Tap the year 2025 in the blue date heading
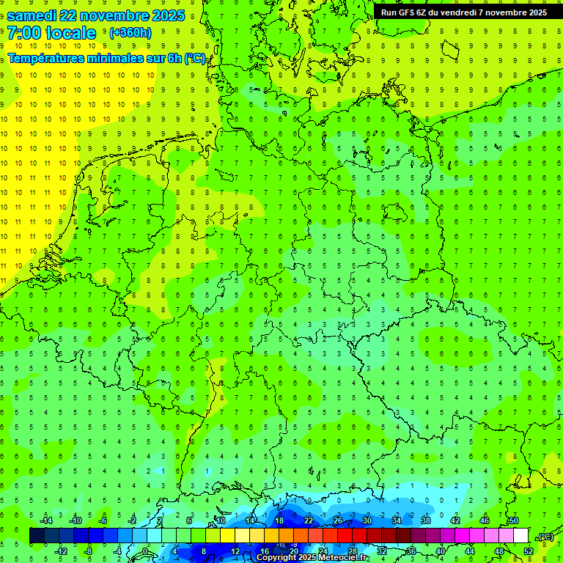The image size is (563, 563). point(166,15)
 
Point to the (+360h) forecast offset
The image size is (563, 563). point(130,33)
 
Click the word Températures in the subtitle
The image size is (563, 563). point(44,58)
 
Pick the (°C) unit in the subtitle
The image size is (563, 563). point(194,58)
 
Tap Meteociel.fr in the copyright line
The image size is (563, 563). point(338,558)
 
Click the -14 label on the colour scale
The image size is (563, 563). point(45,520)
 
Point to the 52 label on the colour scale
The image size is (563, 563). point(529,551)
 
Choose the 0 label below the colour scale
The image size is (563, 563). point(145,551)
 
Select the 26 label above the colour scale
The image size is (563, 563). point(338,520)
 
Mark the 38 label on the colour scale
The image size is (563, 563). point(426,520)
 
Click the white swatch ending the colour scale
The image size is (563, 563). point(520,536)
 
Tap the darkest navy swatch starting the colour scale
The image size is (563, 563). point(37,536)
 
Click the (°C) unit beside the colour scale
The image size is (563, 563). point(545,537)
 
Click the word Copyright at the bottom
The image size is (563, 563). point(277,558)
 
